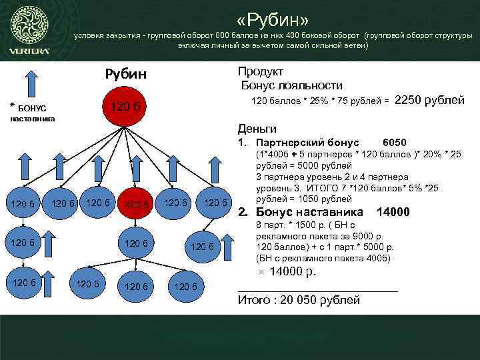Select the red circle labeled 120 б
click(x=125, y=107)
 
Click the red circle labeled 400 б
click(x=136, y=203)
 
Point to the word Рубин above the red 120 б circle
click(x=125, y=73)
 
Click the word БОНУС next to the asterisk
click(x=32, y=108)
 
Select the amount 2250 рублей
click(x=430, y=101)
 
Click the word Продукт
click(x=261, y=71)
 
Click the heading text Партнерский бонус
click(x=307, y=143)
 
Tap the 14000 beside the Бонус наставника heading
click(x=393, y=212)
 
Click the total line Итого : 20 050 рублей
click(x=299, y=299)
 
